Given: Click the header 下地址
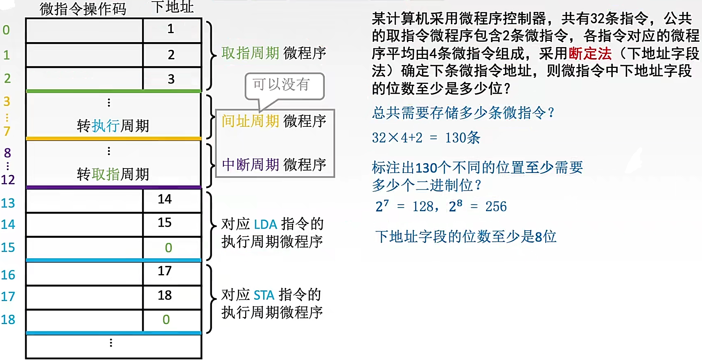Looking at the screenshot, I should coord(172,7).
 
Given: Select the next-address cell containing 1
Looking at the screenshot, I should coord(171,29).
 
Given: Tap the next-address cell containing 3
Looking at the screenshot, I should coord(171,79).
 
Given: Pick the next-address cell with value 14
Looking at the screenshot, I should coord(165,199).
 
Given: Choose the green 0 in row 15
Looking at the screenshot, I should coord(168,248).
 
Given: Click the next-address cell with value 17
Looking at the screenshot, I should coord(165,271).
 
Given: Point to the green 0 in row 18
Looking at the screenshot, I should coord(166,319).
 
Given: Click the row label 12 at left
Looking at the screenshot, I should coord(8,180).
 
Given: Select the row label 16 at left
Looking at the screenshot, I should coord(8,275).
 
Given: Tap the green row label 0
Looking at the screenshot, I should coord(6,30).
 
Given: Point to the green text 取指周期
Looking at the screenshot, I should coord(250,53).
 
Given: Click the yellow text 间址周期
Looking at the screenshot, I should coord(250,121).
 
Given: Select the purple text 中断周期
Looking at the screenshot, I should coord(250,164).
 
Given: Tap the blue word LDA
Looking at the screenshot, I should coord(265,224).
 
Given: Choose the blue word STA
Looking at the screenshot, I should coord(264,295).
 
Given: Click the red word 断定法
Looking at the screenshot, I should coord(590,54).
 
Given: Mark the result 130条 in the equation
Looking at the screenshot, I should coord(463,138).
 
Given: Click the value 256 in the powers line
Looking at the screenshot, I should coord(496,207).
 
